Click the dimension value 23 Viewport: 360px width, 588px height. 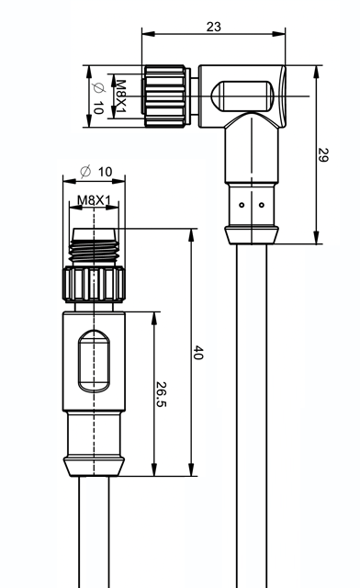pyautogui.click(x=214, y=27)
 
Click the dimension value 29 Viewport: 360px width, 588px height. pyautogui.click(x=323, y=155)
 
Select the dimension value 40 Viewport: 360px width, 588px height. pyautogui.click(x=198, y=353)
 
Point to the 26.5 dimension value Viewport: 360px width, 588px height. pyautogui.click(x=161, y=394)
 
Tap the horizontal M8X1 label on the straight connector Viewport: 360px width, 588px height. pyautogui.click(x=94, y=200)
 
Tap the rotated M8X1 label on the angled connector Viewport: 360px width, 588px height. pyautogui.click(x=120, y=96)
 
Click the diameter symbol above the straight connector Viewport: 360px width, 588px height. pyautogui.click(x=85, y=172)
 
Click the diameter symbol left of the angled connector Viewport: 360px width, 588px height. pyautogui.click(x=98, y=88)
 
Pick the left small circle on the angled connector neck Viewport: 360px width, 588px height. pyautogui.click(x=242, y=205)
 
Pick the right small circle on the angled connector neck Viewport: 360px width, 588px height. pyautogui.click(x=262, y=205)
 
